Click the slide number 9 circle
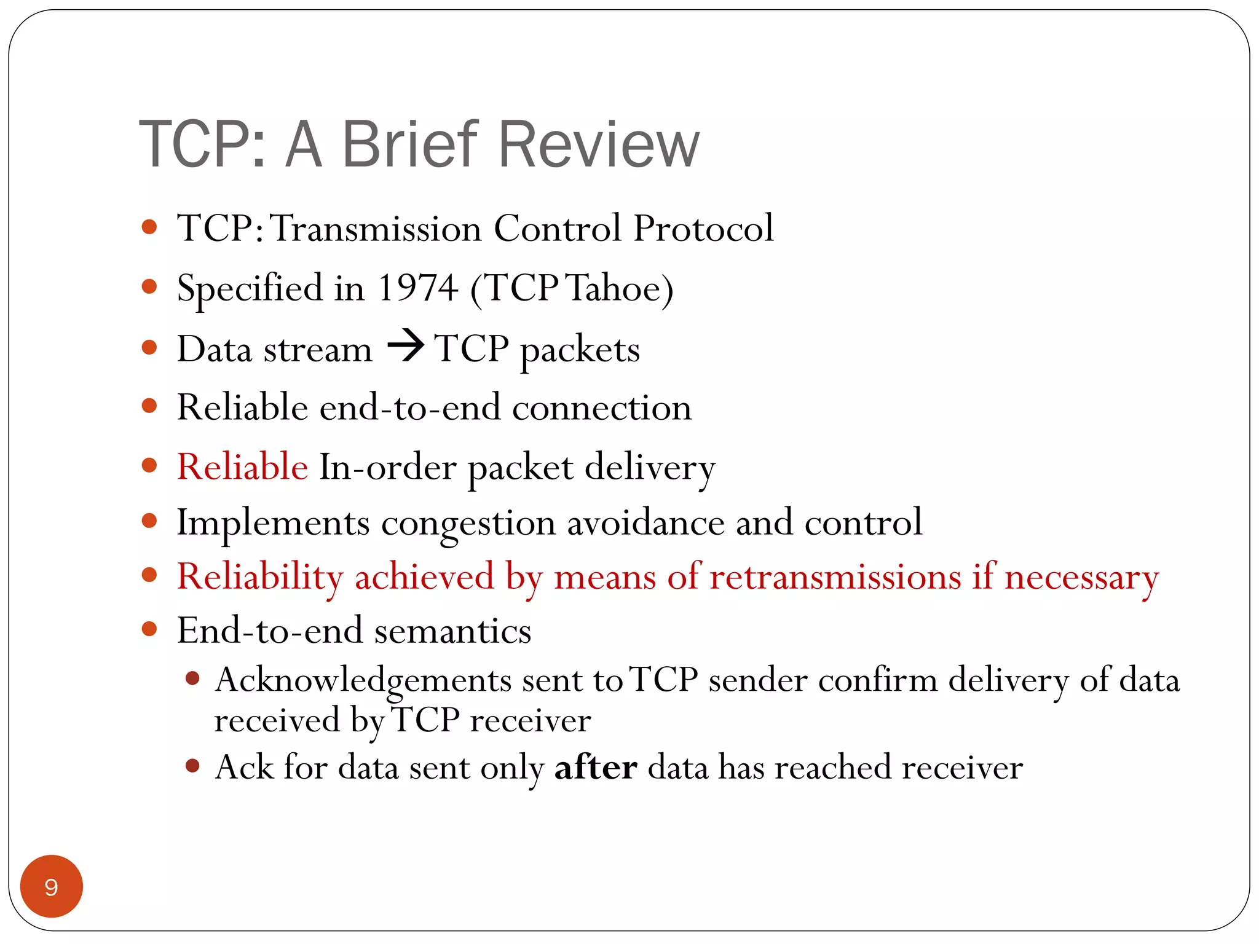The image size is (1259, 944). click(x=52, y=886)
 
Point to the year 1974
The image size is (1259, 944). click(x=417, y=288)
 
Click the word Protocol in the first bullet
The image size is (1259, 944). click(x=703, y=229)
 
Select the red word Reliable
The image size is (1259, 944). click(x=242, y=466)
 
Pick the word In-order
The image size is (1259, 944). click(x=387, y=466)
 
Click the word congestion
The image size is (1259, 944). click(x=468, y=524)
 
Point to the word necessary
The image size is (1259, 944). click(x=1081, y=578)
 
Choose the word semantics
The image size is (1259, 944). click(x=452, y=632)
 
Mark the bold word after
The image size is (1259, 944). click(x=595, y=767)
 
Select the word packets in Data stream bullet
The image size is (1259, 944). click(x=580, y=350)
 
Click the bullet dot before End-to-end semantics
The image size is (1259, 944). click(x=149, y=629)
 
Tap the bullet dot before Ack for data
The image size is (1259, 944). click(x=192, y=766)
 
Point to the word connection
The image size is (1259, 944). click(x=601, y=408)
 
